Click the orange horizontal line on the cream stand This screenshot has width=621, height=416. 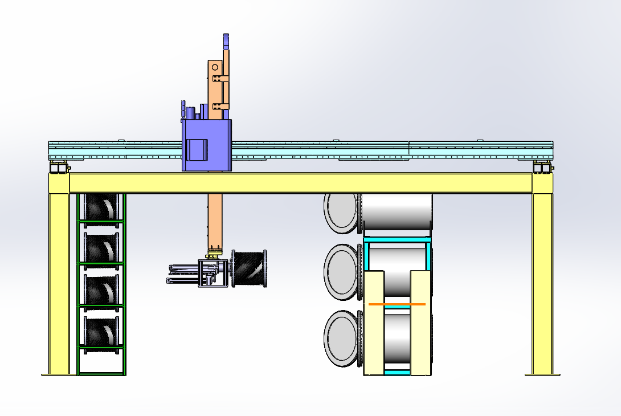[x=397, y=304]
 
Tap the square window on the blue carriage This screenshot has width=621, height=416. [x=197, y=150]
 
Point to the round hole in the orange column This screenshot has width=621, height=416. [x=215, y=67]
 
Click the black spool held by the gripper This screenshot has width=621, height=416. [x=249, y=268]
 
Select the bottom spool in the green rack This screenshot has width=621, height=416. [x=101, y=331]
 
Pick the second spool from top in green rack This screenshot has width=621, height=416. [x=101, y=246]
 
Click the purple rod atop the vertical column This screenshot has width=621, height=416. [x=226, y=42]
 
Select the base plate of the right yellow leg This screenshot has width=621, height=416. [x=542, y=374]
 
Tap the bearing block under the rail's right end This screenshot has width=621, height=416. [x=541, y=167]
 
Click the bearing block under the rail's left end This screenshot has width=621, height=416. [x=59, y=167]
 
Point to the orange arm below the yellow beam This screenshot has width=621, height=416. [x=215, y=222]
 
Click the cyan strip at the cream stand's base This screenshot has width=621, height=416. [x=397, y=373]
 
